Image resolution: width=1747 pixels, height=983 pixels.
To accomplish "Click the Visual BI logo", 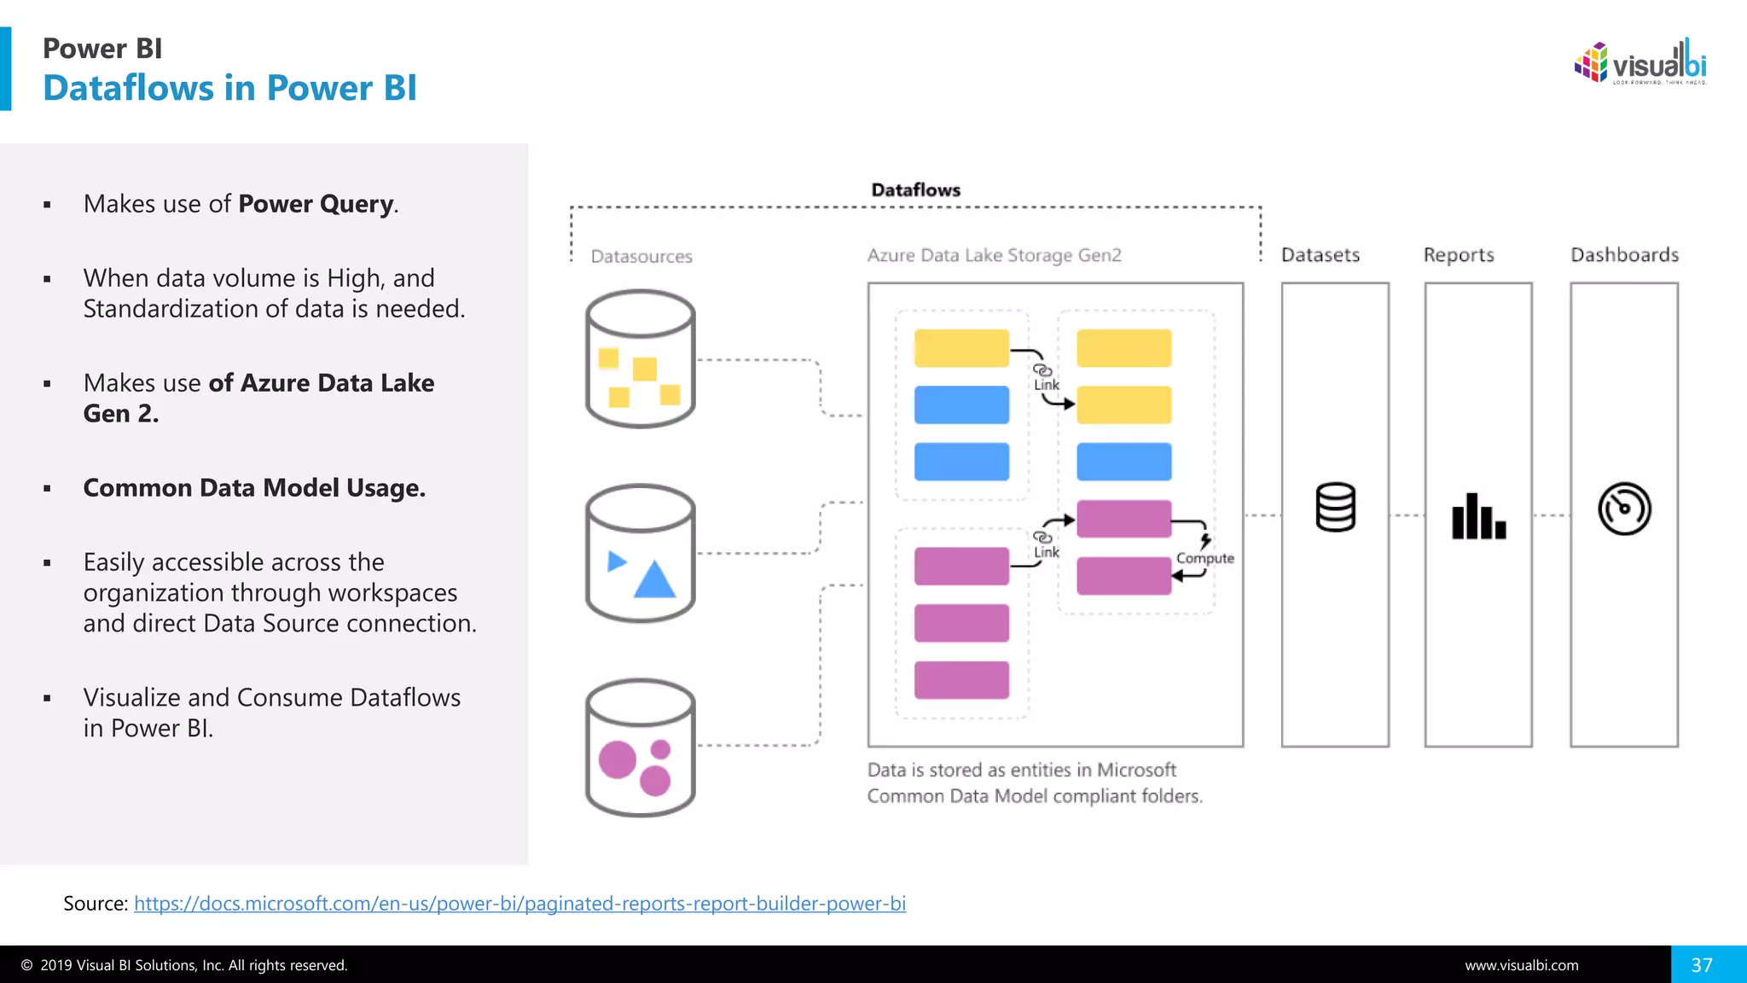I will tap(1640, 62).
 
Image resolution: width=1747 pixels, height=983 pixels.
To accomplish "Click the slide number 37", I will tap(1702, 964).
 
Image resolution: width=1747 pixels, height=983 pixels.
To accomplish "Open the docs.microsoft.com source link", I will tap(519, 903).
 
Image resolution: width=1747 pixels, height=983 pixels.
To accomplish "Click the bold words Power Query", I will tap(316, 204).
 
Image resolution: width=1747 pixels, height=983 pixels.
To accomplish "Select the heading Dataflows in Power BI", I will tap(229, 88).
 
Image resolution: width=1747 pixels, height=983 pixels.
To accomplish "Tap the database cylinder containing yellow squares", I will tap(640, 358).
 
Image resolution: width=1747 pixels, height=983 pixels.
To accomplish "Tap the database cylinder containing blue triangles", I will tap(640, 553).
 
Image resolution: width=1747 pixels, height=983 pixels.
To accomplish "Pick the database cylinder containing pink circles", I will tap(640, 747).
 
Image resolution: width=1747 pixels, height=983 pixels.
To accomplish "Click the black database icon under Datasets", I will tap(1335, 508).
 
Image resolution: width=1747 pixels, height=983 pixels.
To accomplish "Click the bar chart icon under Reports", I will tap(1478, 516).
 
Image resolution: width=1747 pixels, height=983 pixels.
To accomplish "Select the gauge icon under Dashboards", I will tap(1624, 509).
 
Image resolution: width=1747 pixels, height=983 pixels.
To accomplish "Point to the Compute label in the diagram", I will tap(1204, 558).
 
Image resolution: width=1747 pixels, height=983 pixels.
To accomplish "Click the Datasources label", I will tap(641, 256).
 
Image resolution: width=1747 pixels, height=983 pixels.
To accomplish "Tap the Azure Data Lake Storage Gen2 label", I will tap(994, 255).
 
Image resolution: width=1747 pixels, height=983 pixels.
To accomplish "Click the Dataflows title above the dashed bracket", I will tap(915, 189).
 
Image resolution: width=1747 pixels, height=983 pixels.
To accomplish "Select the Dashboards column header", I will tap(1624, 254).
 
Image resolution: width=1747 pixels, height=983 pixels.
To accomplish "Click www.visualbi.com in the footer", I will tap(1521, 965).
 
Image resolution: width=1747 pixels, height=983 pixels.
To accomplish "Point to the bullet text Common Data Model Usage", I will tap(254, 488).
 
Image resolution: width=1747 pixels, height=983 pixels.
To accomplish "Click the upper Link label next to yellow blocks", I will tap(1046, 385).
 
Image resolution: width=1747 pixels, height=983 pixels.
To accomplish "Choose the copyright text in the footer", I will tap(184, 965).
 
